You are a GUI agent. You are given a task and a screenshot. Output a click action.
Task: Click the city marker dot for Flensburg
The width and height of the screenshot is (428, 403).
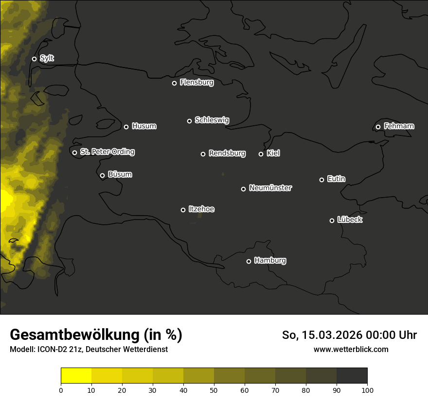tap(174, 83)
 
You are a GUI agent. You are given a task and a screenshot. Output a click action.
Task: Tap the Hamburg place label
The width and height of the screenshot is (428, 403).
tap(270, 261)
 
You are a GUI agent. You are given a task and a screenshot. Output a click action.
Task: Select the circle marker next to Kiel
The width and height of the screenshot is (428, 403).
tap(261, 154)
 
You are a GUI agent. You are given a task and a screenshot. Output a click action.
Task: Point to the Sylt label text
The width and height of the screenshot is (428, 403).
tap(47, 58)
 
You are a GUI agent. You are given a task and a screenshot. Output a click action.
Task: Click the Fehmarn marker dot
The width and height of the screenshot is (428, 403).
tap(378, 127)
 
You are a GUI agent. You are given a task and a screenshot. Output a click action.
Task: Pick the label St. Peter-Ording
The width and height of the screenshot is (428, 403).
tap(107, 152)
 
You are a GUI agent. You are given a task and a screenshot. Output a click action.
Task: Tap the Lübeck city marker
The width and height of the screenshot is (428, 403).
tap(332, 220)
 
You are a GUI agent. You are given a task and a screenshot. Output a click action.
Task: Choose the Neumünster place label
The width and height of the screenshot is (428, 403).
tap(270, 188)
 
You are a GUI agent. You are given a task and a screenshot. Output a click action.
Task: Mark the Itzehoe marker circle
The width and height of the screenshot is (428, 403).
tap(183, 210)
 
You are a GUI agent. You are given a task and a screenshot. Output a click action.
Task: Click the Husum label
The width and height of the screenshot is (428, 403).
tap(144, 126)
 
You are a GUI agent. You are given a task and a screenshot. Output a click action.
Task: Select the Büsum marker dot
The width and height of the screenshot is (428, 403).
tap(102, 176)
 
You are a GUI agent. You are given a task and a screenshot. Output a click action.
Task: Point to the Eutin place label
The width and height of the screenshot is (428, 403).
tap(336, 179)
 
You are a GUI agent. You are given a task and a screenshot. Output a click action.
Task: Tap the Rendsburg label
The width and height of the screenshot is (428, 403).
tap(227, 153)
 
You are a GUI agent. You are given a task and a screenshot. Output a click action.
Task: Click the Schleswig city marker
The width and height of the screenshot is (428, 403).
tap(189, 121)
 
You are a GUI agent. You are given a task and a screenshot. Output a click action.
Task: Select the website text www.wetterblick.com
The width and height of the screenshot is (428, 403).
tap(351, 349)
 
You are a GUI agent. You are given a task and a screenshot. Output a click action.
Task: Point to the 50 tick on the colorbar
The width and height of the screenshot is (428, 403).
tap(214, 389)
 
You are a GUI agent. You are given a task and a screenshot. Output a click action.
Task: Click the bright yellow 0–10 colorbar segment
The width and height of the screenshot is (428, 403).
tap(76, 376)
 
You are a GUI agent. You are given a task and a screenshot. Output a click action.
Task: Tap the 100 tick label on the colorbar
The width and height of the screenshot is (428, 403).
tap(367, 389)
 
